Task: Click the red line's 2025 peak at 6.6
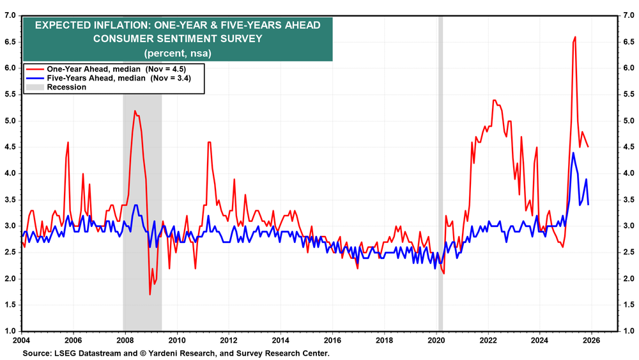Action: (x=575, y=37)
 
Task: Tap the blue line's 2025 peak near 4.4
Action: (x=573, y=153)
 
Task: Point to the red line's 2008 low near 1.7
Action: (x=150, y=294)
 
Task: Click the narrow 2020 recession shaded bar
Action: (x=440, y=173)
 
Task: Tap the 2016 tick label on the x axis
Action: (x=332, y=340)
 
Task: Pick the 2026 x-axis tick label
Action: (x=592, y=340)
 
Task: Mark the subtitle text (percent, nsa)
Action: (x=178, y=52)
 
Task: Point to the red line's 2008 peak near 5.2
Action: (x=134, y=111)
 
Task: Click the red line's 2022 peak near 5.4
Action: (x=494, y=100)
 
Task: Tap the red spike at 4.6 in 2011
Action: (x=208, y=142)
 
